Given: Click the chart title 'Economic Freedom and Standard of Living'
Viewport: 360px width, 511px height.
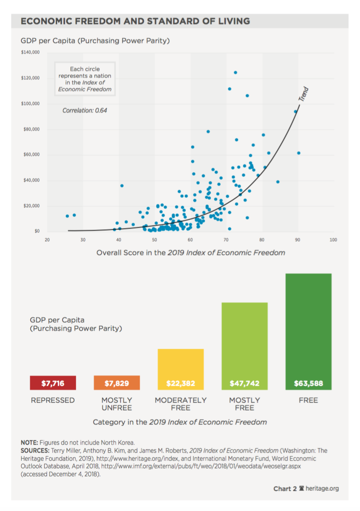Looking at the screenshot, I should coord(135,21).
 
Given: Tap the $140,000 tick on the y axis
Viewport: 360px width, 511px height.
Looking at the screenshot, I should coord(30,53).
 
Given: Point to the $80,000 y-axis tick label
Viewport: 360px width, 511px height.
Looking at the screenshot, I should coord(32,129).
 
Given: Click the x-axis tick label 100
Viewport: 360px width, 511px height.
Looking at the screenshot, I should coord(334,240).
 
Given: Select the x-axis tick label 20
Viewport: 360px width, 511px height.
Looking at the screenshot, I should coord(47,240).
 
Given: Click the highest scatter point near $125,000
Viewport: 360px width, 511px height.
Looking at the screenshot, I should coord(235,72).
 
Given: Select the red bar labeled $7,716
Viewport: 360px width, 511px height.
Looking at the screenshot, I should coord(53,383).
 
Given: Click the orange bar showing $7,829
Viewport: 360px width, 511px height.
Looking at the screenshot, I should coord(117,383).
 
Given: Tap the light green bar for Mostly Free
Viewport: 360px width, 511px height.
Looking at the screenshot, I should coord(244,345).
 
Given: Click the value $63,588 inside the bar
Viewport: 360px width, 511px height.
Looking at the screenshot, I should coord(308,384).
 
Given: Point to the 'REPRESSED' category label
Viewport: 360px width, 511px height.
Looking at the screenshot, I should coord(53,400).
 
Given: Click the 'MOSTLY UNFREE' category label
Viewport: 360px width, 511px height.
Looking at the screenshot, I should coord(117,404).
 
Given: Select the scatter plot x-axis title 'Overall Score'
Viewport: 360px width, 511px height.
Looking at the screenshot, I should coord(191,253).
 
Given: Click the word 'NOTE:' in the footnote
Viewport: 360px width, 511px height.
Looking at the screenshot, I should coord(29,443).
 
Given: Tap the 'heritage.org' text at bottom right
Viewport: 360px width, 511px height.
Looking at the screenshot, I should coord(322,489).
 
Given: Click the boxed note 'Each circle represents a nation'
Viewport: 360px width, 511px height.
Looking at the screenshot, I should coord(85,79).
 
